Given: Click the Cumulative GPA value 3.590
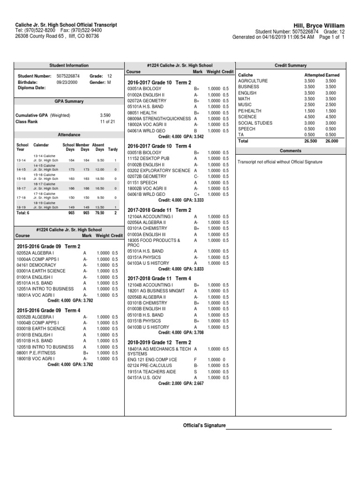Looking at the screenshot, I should coord(105,114).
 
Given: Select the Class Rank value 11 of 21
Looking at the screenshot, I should coord(105,121).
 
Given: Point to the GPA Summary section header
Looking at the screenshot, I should coord(69,101).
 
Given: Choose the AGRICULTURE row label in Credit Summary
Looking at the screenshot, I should coord(253,81).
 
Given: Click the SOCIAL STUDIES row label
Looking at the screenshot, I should coord(255,123).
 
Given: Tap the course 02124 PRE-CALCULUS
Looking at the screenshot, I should coord(150,365).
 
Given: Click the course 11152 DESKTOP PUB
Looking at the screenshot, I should coord(149,158).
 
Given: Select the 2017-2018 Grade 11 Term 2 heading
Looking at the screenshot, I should coord(159,210).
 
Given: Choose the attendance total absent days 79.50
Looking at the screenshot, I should coord(99,212).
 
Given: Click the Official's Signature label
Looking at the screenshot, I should coord(204,426).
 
